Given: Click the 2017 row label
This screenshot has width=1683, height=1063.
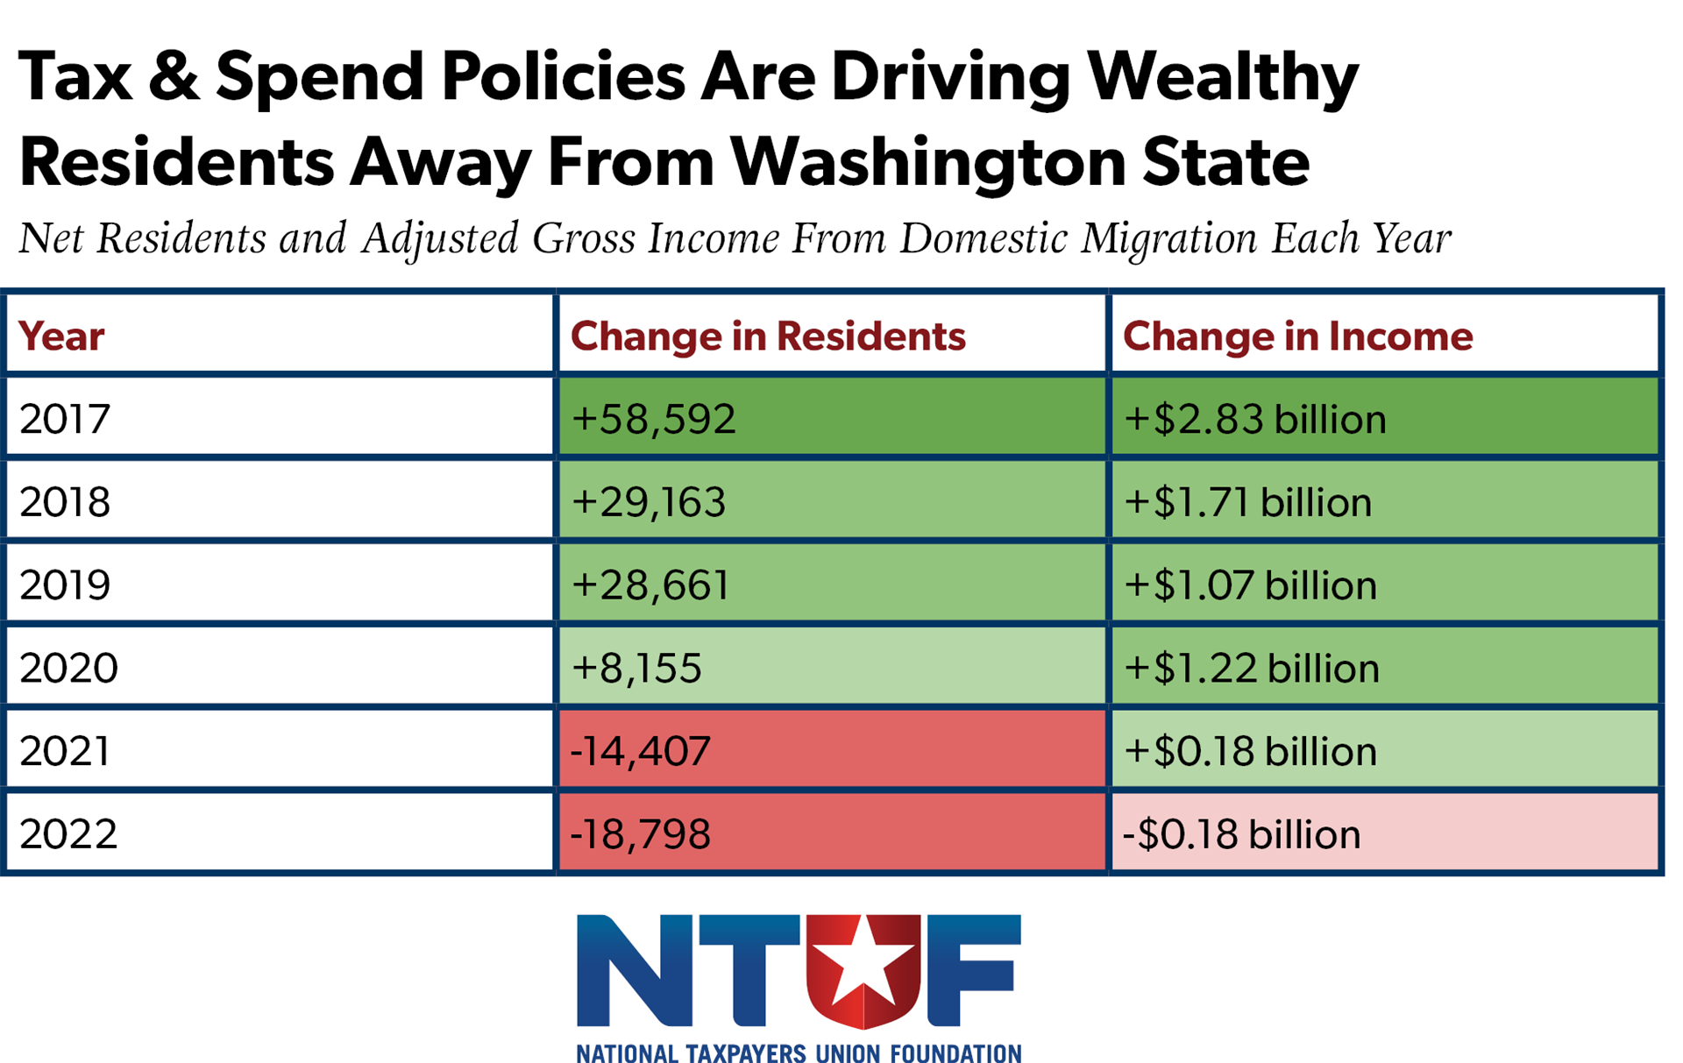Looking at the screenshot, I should tap(65, 418).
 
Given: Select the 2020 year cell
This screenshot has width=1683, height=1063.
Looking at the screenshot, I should tap(68, 668).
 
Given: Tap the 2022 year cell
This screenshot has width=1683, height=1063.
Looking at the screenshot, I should tap(68, 833).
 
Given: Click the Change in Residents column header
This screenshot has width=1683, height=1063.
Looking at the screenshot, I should tap(768, 336).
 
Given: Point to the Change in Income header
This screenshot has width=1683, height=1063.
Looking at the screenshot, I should tap(1297, 336).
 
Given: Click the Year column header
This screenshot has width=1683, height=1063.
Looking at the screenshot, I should tap(61, 336).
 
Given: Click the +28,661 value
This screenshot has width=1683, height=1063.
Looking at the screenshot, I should tap(650, 585).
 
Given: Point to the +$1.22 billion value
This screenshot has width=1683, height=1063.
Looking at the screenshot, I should tap(1252, 668).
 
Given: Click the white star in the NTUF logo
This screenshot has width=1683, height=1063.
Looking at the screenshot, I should tap(863, 962).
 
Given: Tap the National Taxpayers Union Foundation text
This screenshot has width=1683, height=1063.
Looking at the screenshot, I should tap(799, 1052).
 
